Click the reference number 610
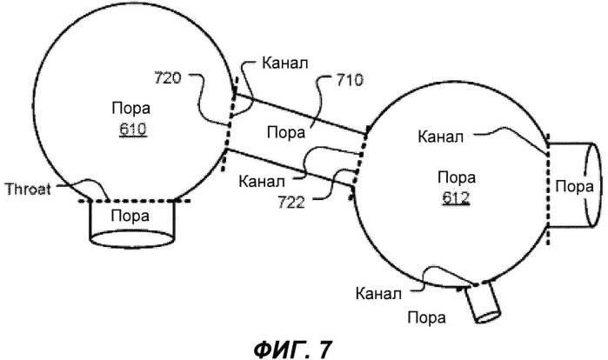point(133,131)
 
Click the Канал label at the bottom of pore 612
point(379,292)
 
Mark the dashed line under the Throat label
point(135,201)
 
